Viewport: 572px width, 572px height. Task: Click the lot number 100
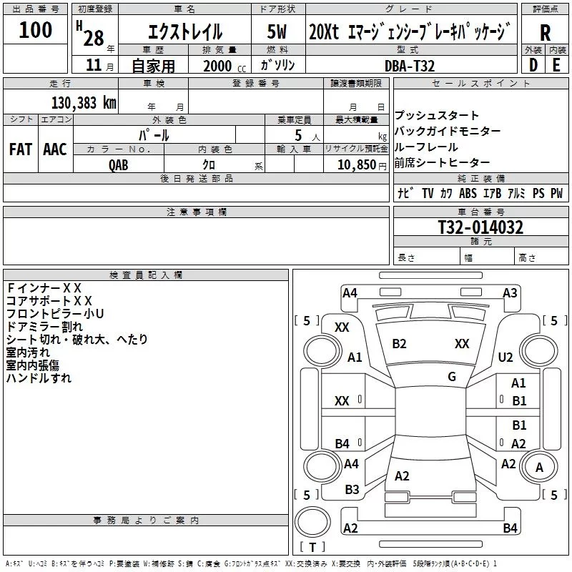click(x=35, y=29)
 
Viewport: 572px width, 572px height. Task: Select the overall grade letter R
click(x=545, y=33)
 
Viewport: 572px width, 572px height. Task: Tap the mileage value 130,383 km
click(x=84, y=103)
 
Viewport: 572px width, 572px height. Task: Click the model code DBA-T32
click(x=410, y=66)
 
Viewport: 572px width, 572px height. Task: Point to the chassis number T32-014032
click(x=480, y=227)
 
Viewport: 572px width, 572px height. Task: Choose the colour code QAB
click(x=119, y=165)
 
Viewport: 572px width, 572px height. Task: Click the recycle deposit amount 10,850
click(x=356, y=165)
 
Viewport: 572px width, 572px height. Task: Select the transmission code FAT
click(x=21, y=149)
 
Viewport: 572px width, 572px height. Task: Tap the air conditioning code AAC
click(x=55, y=149)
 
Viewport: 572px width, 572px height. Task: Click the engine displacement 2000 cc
click(x=225, y=66)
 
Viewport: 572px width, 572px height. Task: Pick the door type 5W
click(x=277, y=31)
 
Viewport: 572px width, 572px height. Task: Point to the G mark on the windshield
click(x=452, y=377)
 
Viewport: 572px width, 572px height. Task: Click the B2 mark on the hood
click(x=399, y=344)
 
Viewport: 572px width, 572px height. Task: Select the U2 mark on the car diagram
click(x=506, y=357)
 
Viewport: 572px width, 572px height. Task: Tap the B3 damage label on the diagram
click(x=352, y=490)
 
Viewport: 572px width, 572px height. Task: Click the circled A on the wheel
click(x=539, y=468)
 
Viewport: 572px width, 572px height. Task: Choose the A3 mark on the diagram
click(x=510, y=293)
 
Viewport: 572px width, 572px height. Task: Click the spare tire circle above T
click(x=312, y=522)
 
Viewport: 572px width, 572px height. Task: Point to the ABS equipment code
click(x=468, y=193)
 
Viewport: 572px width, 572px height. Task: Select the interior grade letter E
click(x=556, y=65)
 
